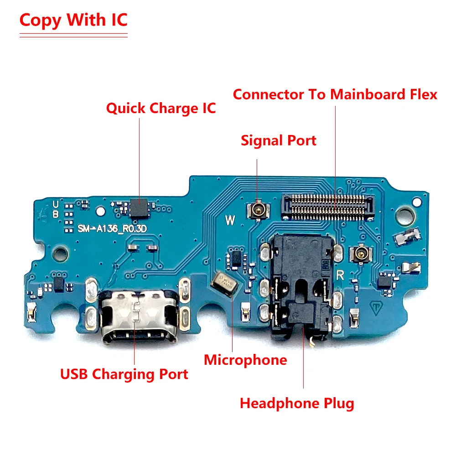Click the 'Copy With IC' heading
[x=73, y=21]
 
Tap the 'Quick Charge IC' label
[x=161, y=109]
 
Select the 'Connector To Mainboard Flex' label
[x=335, y=94]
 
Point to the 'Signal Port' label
[x=278, y=140]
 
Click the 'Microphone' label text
[x=245, y=360]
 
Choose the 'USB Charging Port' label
[x=124, y=374]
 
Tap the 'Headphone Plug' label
[x=297, y=403]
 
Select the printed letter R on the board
[x=340, y=275]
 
